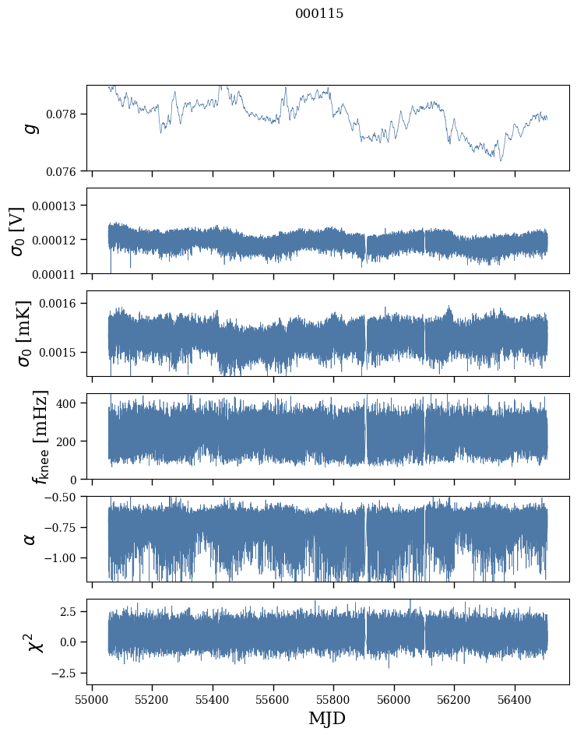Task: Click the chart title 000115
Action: pos(319,14)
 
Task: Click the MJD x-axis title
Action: pos(327,718)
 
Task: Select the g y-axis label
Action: pos(31,128)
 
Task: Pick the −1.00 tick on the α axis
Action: pos(62,558)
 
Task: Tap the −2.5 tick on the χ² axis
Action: pos(65,672)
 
